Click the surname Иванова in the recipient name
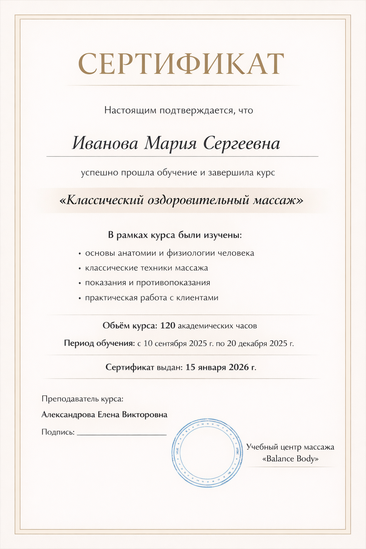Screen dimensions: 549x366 pyautogui.click(x=105, y=144)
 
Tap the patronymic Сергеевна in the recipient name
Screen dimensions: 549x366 pyautogui.click(x=242, y=144)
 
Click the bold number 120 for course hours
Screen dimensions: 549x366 pyautogui.click(x=168, y=326)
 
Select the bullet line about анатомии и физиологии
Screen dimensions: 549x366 pyautogui.click(x=169, y=253)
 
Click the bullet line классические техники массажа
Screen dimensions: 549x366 pyautogui.click(x=146, y=268)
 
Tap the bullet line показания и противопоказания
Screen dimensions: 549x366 pyautogui.click(x=147, y=283)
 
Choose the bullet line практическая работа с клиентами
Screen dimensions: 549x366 pyautogui.click(x=152, y=298)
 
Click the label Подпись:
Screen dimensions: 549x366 pyautogui.click(x=58, y=432)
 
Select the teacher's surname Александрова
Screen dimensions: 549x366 pyautogui.click(x=68, y=415)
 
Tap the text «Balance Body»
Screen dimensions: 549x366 pyautogui.click(x=290, y=459)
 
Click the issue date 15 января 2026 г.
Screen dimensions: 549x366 pyautogui.click(x=221, y=367)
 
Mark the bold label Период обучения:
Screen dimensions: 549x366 pyautogui.click(x=99, y=343)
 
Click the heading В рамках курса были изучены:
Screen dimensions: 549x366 pyautogui.click(x=175, y=236)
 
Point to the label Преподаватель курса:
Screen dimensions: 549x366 pyautogui.click(x=83, y=399)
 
